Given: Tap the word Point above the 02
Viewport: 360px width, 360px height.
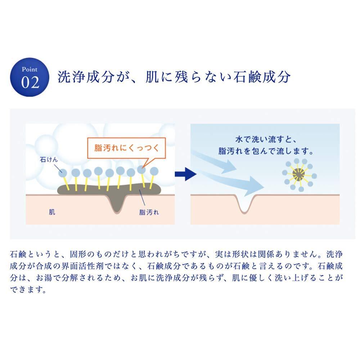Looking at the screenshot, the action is [x=30, y=69].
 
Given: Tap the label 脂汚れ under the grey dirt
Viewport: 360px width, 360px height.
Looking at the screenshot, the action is [x=149, y=212].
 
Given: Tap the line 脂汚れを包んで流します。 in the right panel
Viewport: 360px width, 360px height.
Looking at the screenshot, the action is [x=265, y=150].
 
